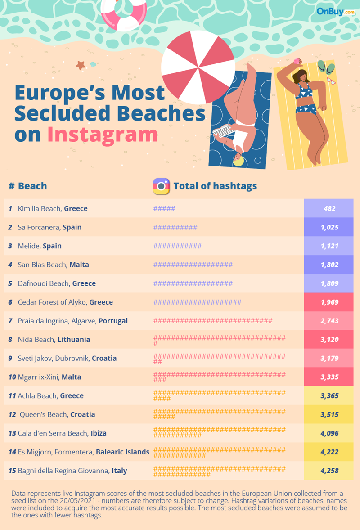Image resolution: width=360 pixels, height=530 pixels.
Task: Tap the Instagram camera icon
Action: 161,186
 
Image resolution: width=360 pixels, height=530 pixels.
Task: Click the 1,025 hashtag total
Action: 329,227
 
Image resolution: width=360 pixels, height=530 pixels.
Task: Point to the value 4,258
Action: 329,471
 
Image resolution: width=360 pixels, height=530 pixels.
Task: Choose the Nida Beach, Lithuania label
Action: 54,340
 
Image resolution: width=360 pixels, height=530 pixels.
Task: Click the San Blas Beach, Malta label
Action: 53,265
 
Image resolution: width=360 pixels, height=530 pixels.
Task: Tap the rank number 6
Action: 10,302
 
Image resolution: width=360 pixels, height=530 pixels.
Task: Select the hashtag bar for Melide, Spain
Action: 177,246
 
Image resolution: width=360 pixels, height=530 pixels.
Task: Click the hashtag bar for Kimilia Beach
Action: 164,209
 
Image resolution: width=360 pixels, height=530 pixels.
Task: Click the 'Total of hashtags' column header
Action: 215,186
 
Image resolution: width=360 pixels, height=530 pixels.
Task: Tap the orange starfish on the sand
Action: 81,65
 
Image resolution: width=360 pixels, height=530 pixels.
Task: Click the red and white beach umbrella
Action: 197,67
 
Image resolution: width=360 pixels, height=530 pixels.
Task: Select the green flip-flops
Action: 326,67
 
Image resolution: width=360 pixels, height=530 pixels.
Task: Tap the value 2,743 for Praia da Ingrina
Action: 329,321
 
